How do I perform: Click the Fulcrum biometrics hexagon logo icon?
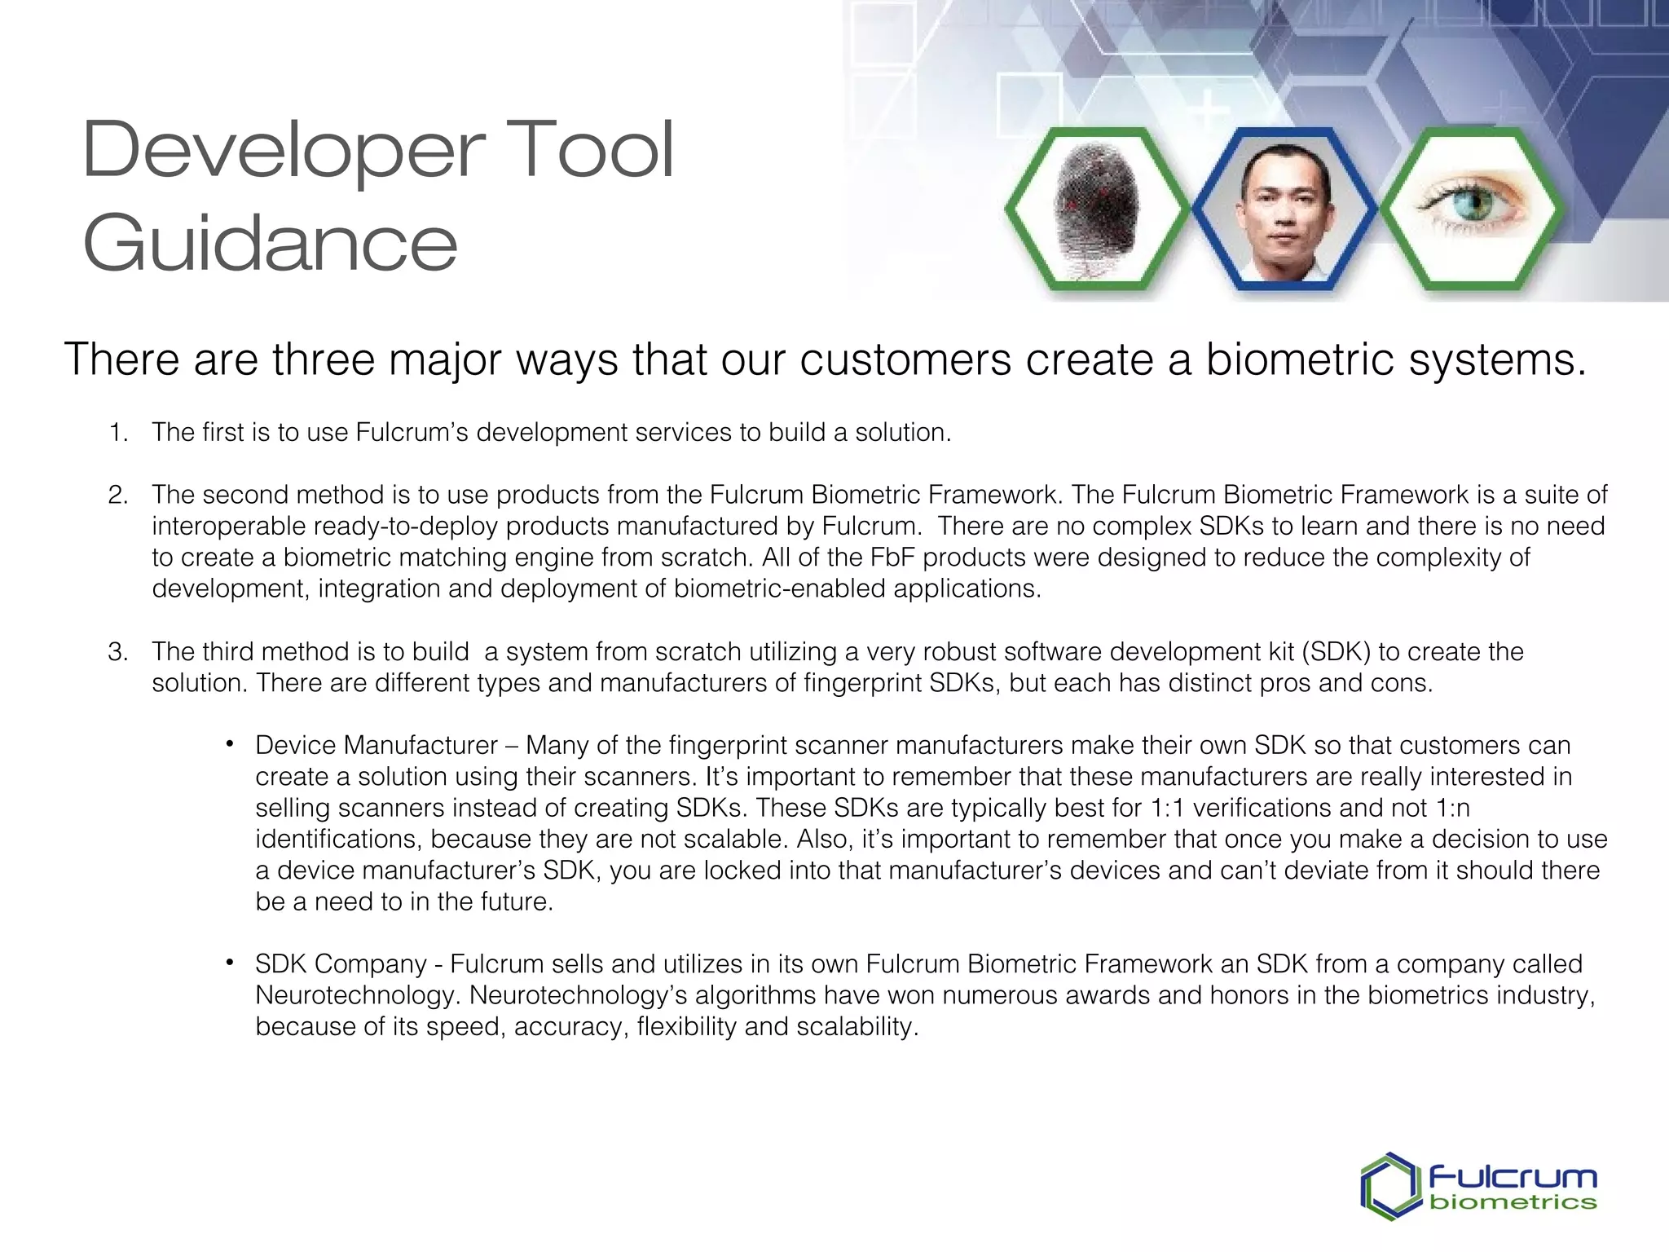tap(1390, 1185)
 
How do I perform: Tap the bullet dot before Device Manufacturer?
tap(231, 743)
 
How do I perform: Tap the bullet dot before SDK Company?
tap(231, 963)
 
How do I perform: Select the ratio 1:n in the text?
tap(1450, 808)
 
